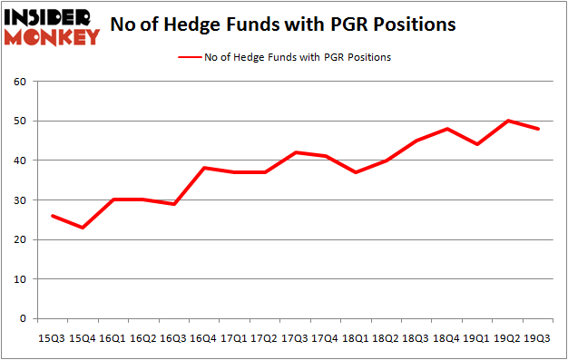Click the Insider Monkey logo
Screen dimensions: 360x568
tap(52, 26)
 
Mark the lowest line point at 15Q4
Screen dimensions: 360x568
tap(83, 228)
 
